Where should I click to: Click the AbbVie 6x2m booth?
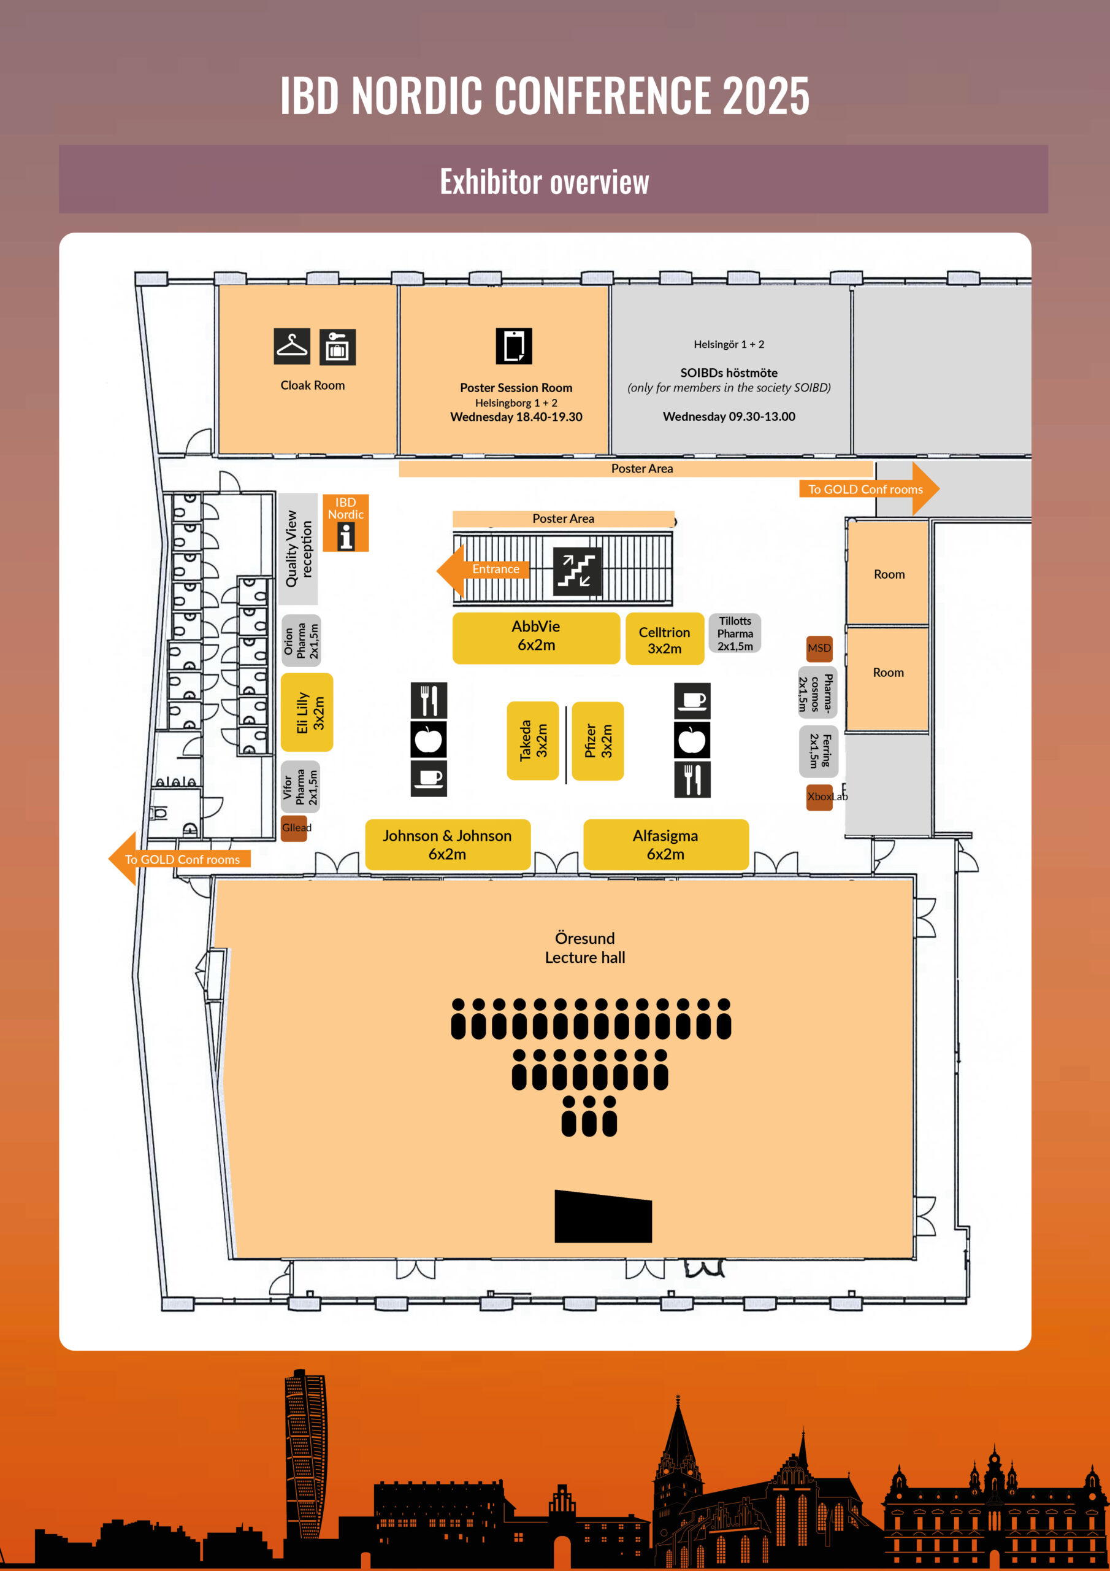(535, 637)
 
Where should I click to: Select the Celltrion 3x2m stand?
(664, 639)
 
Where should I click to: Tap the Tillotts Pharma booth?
(735, 633)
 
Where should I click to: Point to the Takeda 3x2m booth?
(533, 740)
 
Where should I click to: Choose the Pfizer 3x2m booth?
(598, 740)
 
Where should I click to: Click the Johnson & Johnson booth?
(447, 844)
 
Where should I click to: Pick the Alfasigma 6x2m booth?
(665, 844)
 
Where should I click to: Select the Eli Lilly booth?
(307, 712)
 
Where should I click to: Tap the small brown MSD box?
(819, 648)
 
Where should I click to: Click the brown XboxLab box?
(819, 797)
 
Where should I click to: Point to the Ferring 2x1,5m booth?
(818, 751)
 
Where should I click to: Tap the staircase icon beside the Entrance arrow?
(576, 571)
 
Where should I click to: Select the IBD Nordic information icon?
(346, 536)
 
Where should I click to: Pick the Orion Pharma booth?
(301, 641)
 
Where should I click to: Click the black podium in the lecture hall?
(603, 1218)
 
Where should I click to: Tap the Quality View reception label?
(298, 549)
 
